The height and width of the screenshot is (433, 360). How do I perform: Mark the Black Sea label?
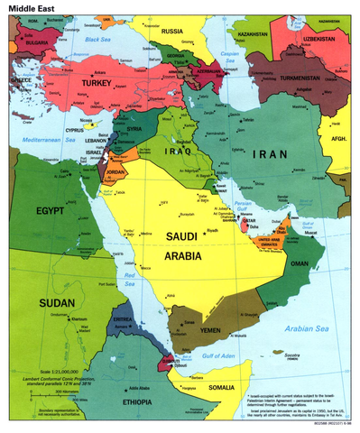(x=97, y=40)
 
